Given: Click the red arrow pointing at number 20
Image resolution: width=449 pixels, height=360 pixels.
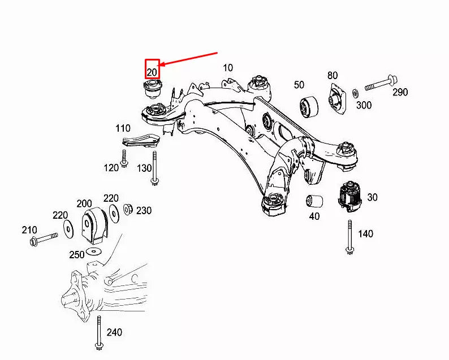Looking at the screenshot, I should tap(189, 59).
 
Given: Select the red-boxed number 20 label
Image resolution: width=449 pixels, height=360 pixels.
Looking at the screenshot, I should tap(152, 68).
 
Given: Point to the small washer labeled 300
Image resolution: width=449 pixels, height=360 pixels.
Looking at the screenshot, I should tap(355, 92).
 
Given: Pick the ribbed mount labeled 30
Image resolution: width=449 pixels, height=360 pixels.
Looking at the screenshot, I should tap(349, 197).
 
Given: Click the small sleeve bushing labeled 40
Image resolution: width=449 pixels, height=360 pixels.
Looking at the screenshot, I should tap(314, 201).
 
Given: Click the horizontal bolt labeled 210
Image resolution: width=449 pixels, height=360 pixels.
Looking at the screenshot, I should tap(43, 239).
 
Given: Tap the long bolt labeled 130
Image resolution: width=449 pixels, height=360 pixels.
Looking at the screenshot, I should tap(154, 167).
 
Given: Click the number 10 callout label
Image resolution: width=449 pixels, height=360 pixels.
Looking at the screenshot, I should tap(227, 68).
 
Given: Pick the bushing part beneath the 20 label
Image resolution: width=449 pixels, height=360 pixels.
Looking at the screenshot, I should tap(152, 89).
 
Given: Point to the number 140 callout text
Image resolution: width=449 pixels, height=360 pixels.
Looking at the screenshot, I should tap(365, 234).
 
